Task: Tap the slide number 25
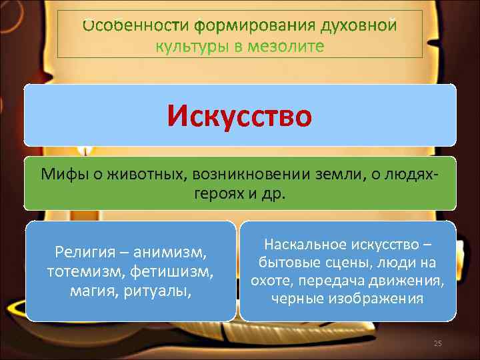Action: [x=438, y=343]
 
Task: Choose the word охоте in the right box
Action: [x=271, y=281]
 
